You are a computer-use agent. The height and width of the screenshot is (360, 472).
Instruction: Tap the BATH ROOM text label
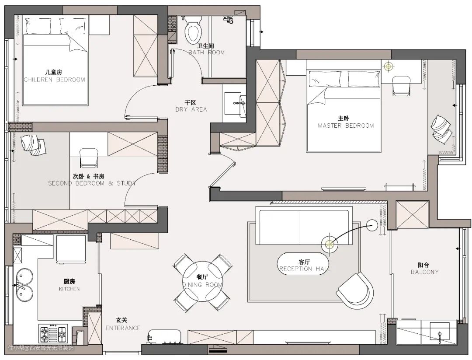point(206,52)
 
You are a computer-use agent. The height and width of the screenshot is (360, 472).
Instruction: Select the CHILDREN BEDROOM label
point(54,80)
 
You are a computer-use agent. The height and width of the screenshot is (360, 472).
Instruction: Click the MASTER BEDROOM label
point(346,126)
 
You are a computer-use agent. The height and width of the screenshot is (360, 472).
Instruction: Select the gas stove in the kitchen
point(53,332)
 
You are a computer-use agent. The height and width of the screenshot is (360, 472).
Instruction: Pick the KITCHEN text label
point(69,289)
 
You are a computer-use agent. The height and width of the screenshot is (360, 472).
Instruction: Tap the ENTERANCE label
point(123,328)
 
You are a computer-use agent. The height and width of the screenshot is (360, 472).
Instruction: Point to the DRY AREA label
point(191,109)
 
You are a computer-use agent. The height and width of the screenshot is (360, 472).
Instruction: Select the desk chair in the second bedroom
point(89,157)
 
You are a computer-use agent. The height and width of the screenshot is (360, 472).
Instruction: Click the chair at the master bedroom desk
point(402,86)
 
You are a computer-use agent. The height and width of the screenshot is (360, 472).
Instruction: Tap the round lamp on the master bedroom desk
point(389,66)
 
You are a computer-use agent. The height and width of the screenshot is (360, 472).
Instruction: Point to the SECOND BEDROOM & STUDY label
point(92,183)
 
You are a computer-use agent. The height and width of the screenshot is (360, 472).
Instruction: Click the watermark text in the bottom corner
point(41,349)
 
